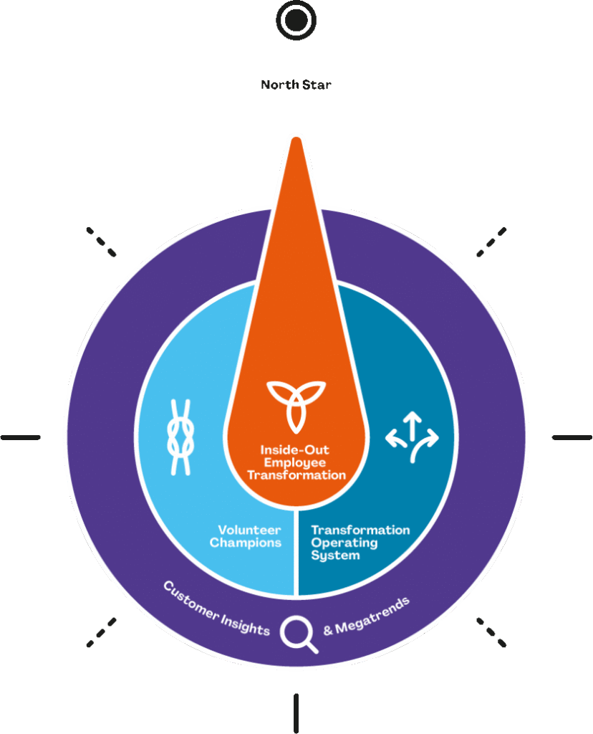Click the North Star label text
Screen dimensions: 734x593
click(296, 85)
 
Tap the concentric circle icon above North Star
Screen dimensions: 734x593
click(296, 21)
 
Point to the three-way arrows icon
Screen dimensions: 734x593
click(412, 437)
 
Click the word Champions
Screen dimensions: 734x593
click(246, 543)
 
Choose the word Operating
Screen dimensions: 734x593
click(344, 543)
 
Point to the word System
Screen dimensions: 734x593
click(335, 555)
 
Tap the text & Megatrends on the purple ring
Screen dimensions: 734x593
click(367, 616)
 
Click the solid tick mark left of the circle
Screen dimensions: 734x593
click(21, 437)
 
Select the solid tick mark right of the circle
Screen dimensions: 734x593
click(572, 437)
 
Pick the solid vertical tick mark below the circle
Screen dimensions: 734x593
click(296, 712)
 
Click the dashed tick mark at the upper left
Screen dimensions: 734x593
click(102, 242)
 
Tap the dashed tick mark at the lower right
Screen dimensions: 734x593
click(491, 632)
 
